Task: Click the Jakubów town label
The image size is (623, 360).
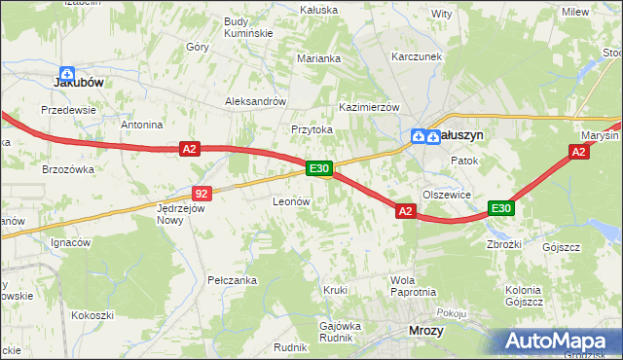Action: tap(78, 84)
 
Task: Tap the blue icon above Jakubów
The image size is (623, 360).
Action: tap(67, 72)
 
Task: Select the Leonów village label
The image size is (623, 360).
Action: tap(291, 201)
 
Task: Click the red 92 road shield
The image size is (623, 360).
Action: tap(202, 194)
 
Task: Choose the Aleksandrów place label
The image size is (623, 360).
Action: tap(255, 100)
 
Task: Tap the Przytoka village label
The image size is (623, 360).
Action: tap(311, 129)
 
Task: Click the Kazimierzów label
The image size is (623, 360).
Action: tap(370, 106)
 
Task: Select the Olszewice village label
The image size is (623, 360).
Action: tap(447, 195)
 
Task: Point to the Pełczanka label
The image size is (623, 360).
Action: tap(232, 280)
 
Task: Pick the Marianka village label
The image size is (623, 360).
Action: tap(318, 58)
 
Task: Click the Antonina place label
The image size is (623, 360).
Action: tap(141, 126)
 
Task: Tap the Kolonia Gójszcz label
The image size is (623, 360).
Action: tap(524, 296)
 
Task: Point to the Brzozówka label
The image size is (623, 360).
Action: tap(68, 168)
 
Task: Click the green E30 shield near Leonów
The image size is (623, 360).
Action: tap(319, 168)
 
